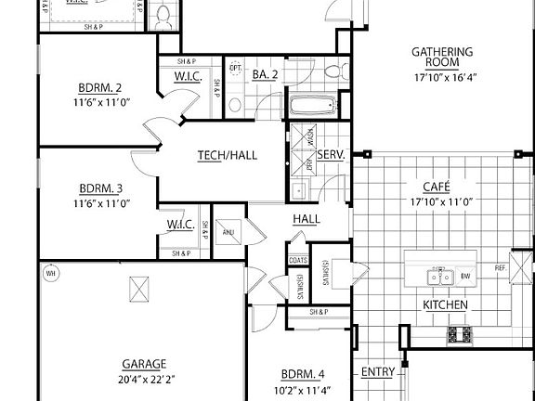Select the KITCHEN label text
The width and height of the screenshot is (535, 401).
click(445, 304)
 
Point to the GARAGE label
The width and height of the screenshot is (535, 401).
click(143, 364)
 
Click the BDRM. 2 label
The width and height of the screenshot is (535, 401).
click(101, 89)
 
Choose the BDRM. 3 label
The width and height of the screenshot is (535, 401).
click(101, 187)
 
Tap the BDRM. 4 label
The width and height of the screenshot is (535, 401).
click(301, 374)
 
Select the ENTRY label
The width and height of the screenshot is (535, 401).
click(377, 373)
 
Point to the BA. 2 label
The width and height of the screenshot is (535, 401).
click(267, 73)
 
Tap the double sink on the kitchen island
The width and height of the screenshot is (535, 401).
click(439, 276)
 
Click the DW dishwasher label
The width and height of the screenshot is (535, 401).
click(465, 276)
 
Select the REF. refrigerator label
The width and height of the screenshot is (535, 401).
click(501, 267)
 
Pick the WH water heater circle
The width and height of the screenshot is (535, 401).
click(52, 274)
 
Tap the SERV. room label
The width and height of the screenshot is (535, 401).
click(332, 155)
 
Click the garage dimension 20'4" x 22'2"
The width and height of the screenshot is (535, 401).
click(143, 379)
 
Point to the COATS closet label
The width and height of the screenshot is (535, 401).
click(298, 260)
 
